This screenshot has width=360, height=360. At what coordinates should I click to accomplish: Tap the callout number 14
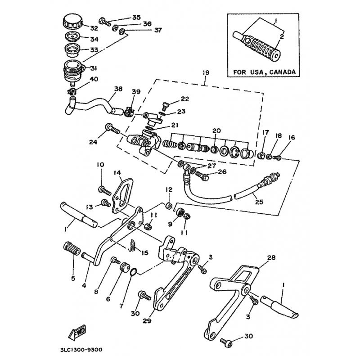tap(117, 172)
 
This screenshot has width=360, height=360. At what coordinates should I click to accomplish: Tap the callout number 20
tap(216, 130)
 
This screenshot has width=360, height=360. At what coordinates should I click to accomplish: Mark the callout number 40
tap(94, 80)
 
